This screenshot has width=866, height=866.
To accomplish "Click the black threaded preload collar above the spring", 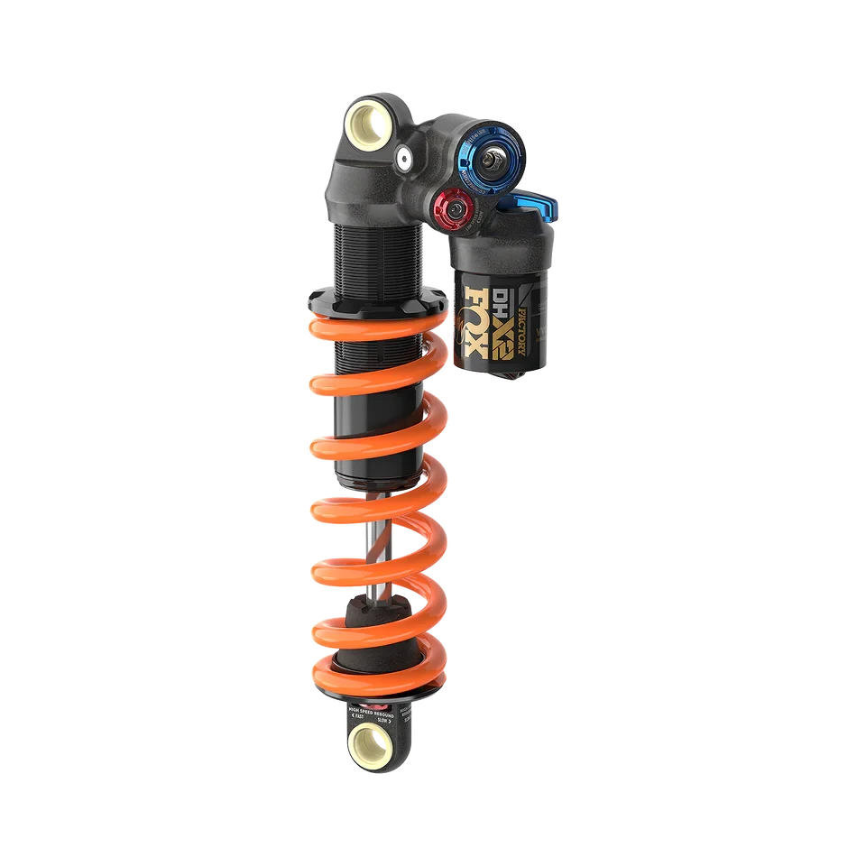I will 374,302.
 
